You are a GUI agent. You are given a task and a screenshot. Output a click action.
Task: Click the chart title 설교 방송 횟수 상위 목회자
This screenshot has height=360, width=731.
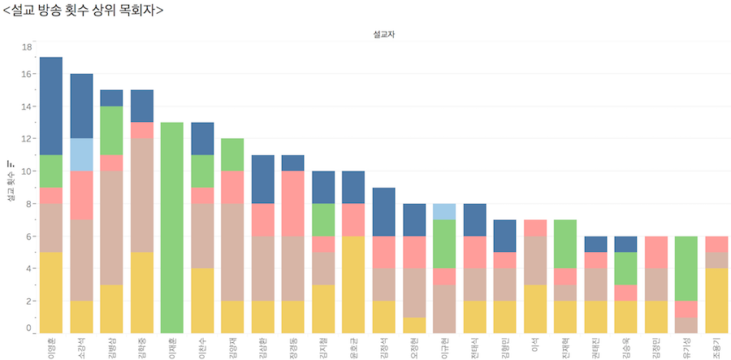[84, 10]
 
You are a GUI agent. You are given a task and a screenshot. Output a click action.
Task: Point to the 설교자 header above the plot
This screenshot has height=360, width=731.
[384, 35]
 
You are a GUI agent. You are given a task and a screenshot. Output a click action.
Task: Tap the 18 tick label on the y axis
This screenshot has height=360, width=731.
[26, 47]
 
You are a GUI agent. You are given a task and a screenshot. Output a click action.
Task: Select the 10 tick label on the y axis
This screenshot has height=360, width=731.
[26, 171]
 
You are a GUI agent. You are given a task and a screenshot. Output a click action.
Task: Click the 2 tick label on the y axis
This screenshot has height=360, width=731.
[28, 301]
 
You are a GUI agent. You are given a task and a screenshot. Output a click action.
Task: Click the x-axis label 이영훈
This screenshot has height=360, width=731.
[51, 345]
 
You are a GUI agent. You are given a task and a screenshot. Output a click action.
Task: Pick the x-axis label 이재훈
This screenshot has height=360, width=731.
[172, 345]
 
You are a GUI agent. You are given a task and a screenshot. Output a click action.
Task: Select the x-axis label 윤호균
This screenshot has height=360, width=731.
[354, 345]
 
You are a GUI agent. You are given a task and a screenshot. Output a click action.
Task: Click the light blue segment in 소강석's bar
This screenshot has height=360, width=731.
[81, 154]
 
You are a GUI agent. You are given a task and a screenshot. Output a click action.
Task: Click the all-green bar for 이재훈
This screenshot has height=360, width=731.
[172, 228]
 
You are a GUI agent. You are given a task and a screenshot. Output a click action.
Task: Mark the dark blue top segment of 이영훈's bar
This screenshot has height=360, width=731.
[51, 106]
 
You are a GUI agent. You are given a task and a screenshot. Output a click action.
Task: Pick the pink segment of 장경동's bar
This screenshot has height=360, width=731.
[293, 203]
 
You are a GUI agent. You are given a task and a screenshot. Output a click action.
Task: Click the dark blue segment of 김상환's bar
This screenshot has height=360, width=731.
[263, 179]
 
